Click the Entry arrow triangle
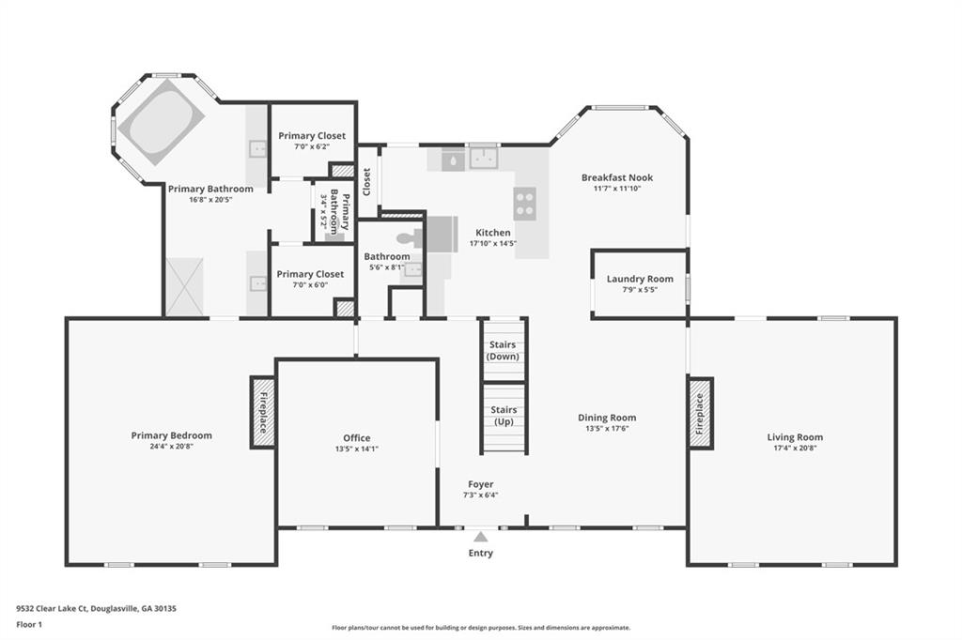click(480, 537)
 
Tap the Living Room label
click(795, 437)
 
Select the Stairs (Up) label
click(504, 416)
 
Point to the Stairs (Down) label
click(503, 351)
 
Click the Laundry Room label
click(640, 279)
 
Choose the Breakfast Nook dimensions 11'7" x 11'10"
click(617, 189)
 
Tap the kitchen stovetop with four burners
click(524, 203)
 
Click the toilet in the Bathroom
click(410, 237)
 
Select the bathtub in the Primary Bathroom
click(161, 127)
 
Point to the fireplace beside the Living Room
click(699, 413)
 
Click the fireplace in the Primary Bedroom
click(263, 412)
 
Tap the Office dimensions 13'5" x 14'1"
click(356, 449)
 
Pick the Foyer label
click(480, 484)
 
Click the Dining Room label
click(607, 419)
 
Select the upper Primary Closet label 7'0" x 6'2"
click(312, 141)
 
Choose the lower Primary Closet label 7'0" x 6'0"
click(310, 279)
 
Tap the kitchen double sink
click(484, 159)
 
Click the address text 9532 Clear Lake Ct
click(53, 609)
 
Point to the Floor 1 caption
click(29, 625)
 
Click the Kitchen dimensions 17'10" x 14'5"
click(492, 243)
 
